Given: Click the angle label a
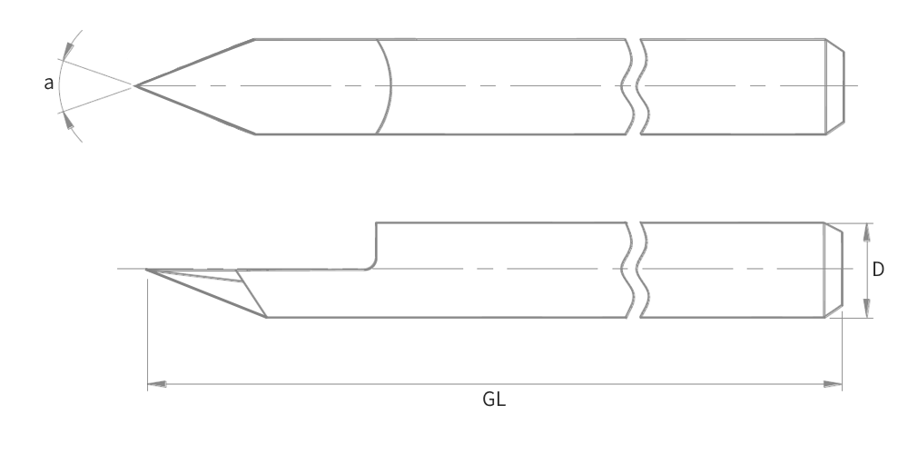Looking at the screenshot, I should click(49, 84).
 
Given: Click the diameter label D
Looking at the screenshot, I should click(879, 270).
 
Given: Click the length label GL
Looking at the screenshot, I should click(494, 400).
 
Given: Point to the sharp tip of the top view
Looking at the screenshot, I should click(136, 85).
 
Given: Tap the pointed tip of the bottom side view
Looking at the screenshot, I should click(147, 270).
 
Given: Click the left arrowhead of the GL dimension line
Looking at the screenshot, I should click(155, 385).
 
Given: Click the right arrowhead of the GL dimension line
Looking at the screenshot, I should click(834, 385).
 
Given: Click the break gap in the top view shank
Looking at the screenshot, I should click(634, 86).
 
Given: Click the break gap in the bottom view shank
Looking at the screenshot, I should click(634, 270).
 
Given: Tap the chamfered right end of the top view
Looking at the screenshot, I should click(836, 86).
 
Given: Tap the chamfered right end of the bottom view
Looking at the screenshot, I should click(834, 270).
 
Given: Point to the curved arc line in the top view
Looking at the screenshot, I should click(390, 86).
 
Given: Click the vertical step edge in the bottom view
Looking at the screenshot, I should click(377, 241).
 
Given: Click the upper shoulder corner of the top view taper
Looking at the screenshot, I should click(254, 39).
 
